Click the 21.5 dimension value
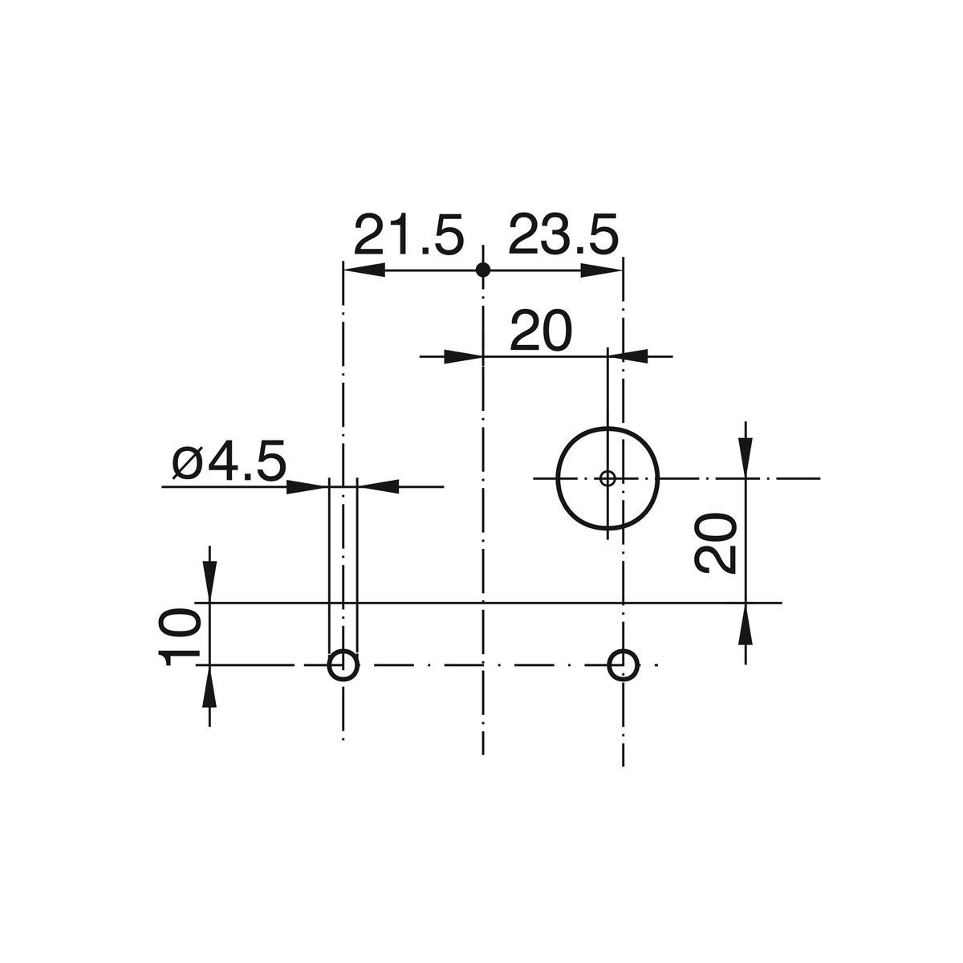pyautogui.click(x=408, y=234)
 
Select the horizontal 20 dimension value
pyautogui.click(x=540, y=331)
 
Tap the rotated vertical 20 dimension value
pyautogui.click(x=716, y=542)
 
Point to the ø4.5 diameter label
pyautogui.click(x=230, y=461)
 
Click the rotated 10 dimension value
pyautogui.click(x=179, y=637)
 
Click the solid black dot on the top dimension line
pyautogui.click(x=483, y=270)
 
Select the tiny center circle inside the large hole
pyautogui.click(x=607, y=479)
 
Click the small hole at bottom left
pyautogui.click(x=343, y=665)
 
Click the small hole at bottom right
pyautogui.click(x=624, y=665)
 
